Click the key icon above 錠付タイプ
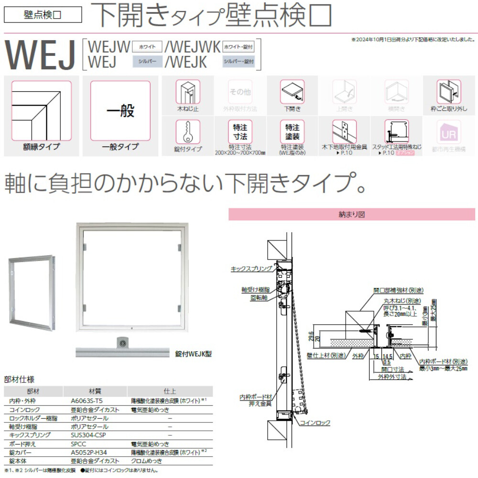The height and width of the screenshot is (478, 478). tap(188, 131)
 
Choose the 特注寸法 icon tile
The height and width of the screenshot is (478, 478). tap(240, 131)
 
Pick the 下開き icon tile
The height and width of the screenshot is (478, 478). tap(292, 92)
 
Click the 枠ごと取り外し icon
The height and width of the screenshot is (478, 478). tap(448, 92)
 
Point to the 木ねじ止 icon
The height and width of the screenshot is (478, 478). tap(188, 92)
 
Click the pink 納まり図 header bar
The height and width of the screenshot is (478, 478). tap(352, 215)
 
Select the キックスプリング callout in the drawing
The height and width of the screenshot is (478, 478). tap(251, 269)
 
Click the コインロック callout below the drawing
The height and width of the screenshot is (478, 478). tap(315, 423)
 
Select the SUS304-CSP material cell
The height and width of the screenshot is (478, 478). tap(88, 435)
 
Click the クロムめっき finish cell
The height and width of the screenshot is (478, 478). tap(147, 460)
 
